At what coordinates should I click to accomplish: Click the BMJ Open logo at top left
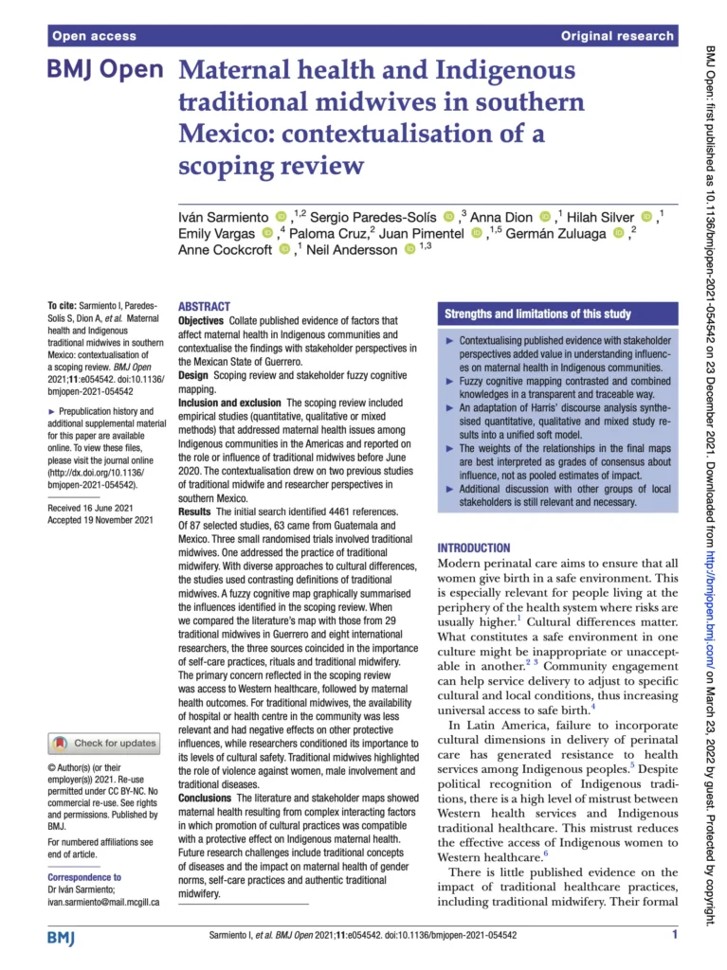tap(105, 72)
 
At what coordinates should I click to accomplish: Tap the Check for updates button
tap(104, 743)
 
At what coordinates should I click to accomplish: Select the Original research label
tap(617, 36)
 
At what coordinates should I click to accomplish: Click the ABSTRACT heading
tap(204, 306)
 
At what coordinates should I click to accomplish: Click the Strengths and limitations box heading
tap(537, 314)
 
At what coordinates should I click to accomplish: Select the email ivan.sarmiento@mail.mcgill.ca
tap(103, 902)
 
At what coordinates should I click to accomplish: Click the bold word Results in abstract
tap(195, 512)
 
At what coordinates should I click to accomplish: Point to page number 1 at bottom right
tap(674, 936)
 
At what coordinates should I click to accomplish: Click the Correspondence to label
tap(84, 877)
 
